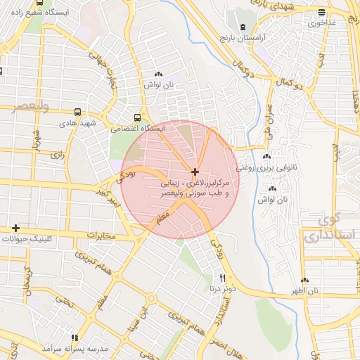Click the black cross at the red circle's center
pos(195,172)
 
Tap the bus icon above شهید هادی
pos(77,112)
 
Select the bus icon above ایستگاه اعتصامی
pos(136,118)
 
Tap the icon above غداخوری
pos(321,12)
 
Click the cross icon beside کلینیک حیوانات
pos(15,228)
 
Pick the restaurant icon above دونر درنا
pos(223,278)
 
